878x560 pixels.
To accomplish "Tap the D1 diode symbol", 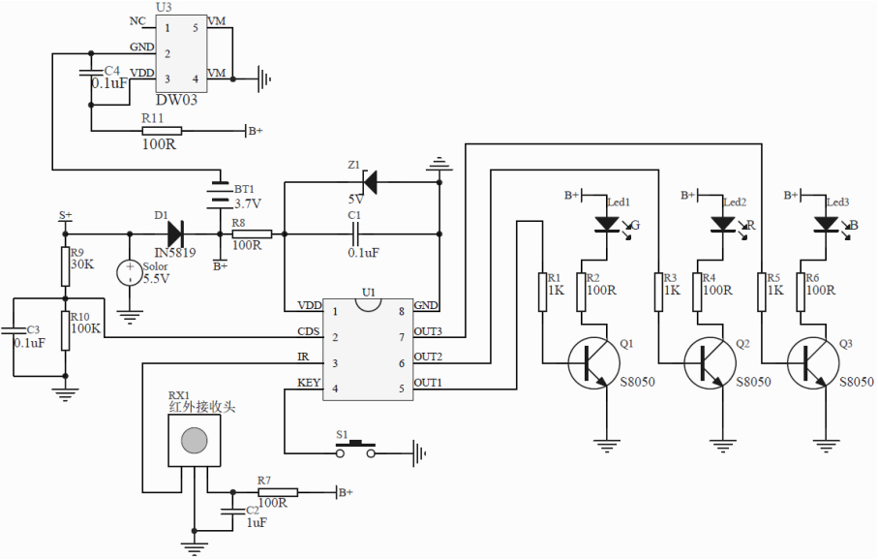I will pos(175,233).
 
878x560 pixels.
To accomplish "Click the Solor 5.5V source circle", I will pos(130,273).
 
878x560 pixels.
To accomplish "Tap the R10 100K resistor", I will pos(66,327).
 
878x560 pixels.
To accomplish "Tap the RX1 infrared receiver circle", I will pos(194,440).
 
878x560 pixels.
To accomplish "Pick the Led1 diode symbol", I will pos(607,224).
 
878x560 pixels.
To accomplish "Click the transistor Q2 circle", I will pos(711,362).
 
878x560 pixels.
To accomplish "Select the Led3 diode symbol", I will pos(825,224).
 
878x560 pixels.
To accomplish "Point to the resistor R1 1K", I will pos(543,292).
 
